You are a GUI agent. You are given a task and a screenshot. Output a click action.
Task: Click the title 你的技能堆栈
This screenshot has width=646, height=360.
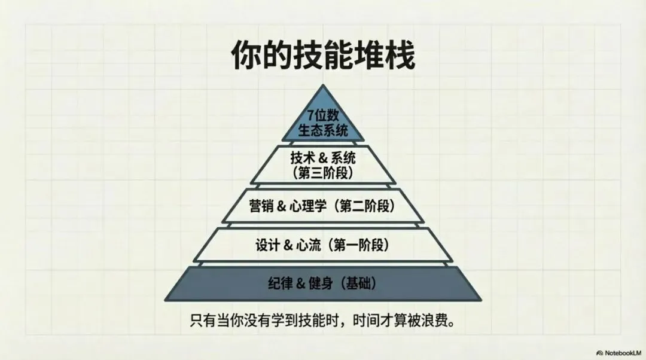pos(323,58)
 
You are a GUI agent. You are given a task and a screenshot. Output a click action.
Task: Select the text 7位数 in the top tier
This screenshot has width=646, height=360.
pos(323,115)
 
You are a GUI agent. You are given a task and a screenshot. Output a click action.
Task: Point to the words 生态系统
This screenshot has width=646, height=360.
pos(323,130)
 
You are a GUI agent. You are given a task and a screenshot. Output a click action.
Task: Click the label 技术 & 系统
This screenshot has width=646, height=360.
pos(323,158)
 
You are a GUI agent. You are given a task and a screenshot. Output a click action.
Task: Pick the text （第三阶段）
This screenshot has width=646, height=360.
pos(323,173)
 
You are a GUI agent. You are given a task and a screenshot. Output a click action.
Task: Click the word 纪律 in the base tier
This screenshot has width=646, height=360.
pos(278,283)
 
